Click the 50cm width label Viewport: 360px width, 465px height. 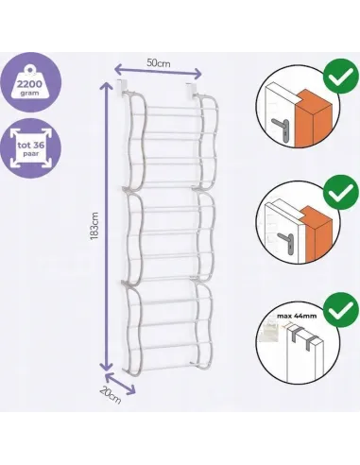pos(159,63)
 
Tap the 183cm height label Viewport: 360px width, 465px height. pos(94,226)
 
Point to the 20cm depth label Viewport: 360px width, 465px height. pos(111,395)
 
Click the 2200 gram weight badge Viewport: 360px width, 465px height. pos(30,82)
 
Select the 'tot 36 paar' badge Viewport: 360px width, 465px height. pos(30,148)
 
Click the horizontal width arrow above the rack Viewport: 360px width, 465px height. pos(158,72)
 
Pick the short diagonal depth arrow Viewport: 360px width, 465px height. pos(120,384)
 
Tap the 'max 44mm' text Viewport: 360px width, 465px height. pos(297,316)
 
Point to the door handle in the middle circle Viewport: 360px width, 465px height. pos(286,242)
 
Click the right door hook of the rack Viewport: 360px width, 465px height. pos(190,89)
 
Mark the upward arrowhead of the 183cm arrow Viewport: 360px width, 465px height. pos(107,87)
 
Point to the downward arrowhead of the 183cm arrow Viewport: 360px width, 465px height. pos(106,367)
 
